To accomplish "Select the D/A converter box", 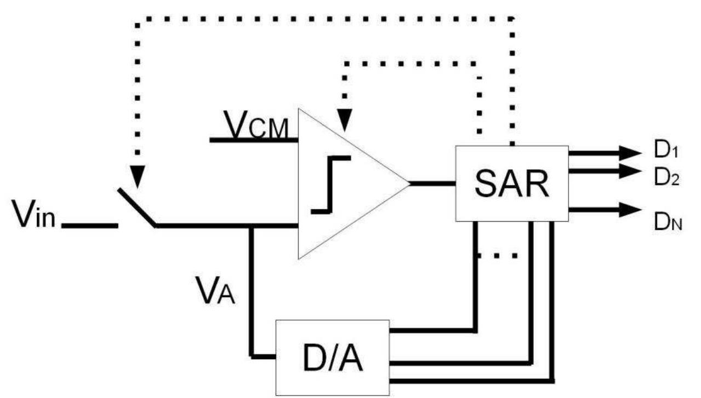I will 332,356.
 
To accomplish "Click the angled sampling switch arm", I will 136,207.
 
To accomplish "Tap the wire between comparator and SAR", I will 433,183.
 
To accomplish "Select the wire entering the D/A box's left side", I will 263,356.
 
